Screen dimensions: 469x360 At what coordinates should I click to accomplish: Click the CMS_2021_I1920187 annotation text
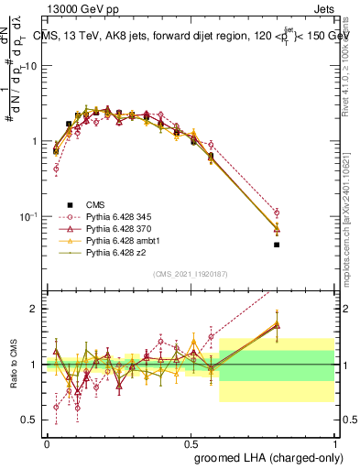[x=190, y=273]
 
